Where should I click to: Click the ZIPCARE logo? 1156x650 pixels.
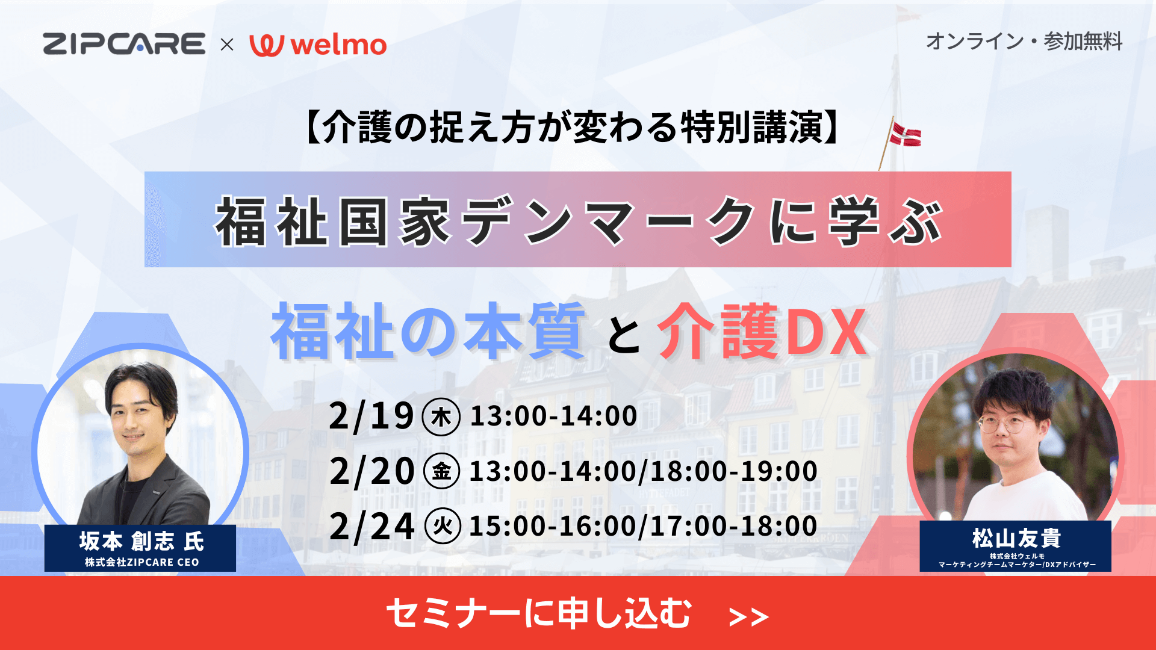point(124,44)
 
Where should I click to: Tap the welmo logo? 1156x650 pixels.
point(318,45)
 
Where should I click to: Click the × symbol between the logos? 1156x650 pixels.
point(227,45)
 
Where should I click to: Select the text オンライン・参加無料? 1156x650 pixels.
point(1024,42)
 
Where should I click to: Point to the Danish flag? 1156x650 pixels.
point(906,134)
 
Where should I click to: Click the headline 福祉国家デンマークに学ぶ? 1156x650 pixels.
point(578,221)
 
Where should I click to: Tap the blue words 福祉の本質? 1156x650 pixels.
point(428,331)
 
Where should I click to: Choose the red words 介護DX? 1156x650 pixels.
point(762,332)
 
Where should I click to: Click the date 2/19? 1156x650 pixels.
point(371,416)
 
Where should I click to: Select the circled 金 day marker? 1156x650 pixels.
point(442,471)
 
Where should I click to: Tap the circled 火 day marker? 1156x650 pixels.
point(443,526)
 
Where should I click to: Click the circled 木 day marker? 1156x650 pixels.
point(441,416)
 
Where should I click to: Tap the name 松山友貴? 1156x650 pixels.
point(1016,538)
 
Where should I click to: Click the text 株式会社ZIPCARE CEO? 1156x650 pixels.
point(141,562)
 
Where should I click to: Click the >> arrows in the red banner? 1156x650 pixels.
point(748,617)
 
